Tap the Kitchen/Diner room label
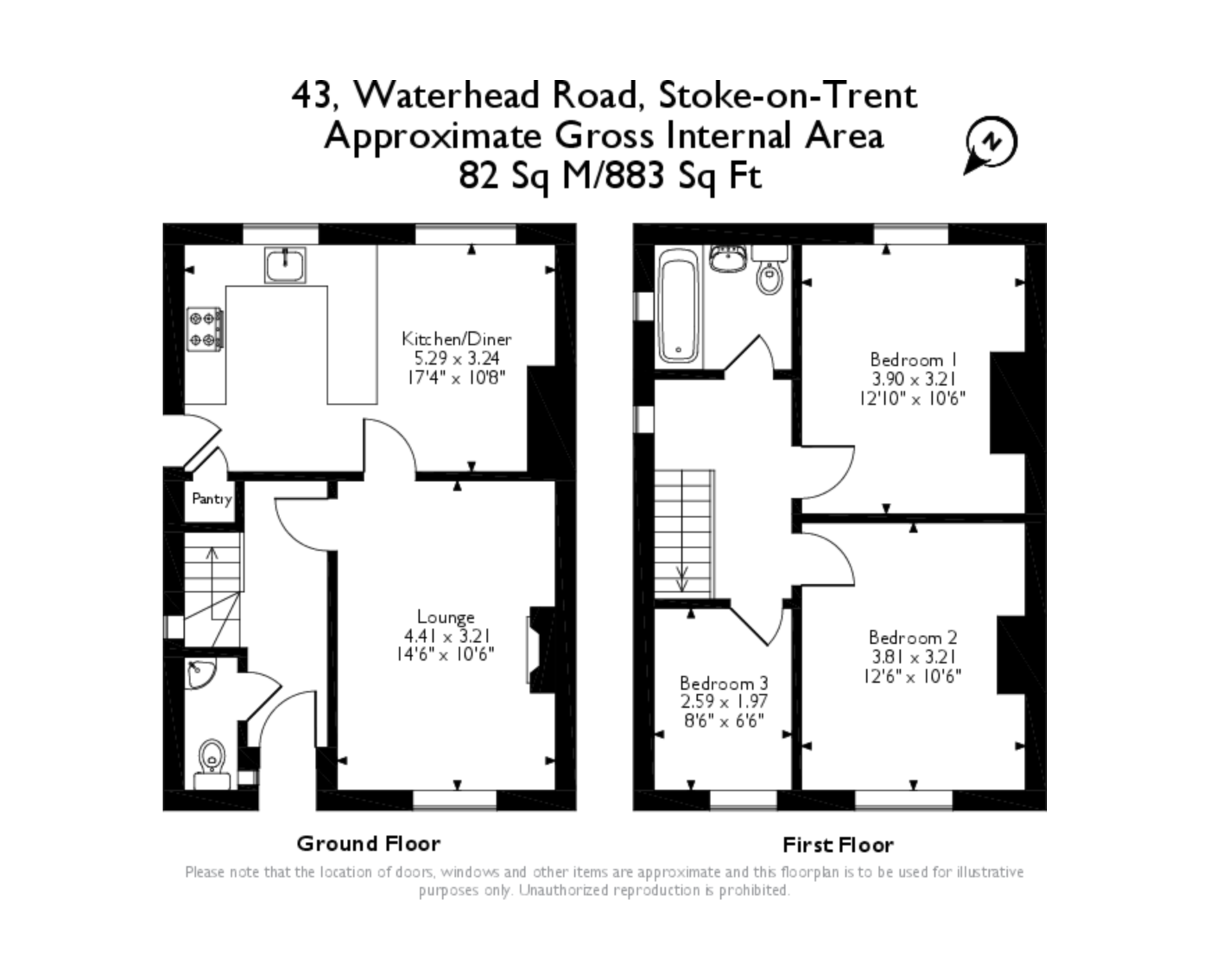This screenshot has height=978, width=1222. point(457,339)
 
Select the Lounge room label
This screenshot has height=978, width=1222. point(446,617)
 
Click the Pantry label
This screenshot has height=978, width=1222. point(212,499)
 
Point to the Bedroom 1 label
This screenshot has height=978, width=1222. point(914,360)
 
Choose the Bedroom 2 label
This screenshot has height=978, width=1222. point(913,638)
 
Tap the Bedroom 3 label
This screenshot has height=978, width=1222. point(724,683)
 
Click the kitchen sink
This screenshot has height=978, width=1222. point(285,265)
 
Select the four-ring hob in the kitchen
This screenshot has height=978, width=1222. point(205,329)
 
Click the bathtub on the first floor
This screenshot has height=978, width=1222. point(678,306)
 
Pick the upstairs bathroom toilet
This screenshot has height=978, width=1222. point(769,270)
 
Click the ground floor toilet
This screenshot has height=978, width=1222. point(212,764)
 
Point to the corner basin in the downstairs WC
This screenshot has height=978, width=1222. point(199,674)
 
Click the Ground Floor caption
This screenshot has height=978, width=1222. point(368,843)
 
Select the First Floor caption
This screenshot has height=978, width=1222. point(838,845)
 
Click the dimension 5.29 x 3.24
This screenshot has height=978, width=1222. point(457,358)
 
